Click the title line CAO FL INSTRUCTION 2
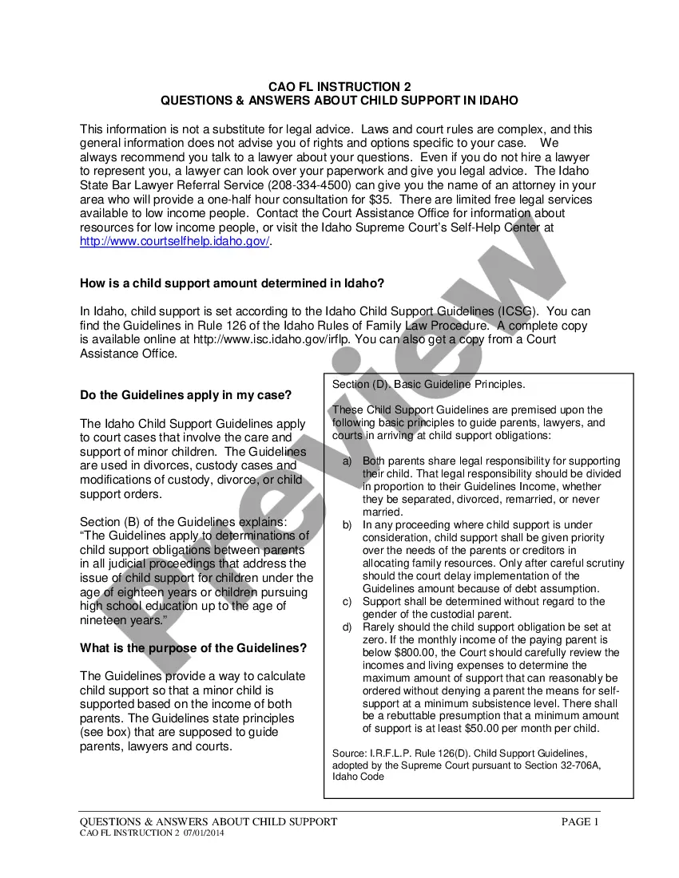coord(339,86)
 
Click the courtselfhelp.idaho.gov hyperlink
coord(175,242)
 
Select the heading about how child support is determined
coord(232,283)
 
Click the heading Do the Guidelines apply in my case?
coord(186,394)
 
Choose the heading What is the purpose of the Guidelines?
coord(193,647)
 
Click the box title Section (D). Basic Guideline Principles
coord(428,385)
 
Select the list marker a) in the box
coord(347,461)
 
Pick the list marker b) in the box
coord(347,525)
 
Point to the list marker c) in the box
coord(347,602)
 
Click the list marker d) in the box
coord(347,627)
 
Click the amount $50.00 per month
coord(459,729)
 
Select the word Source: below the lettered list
coord(349,753)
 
